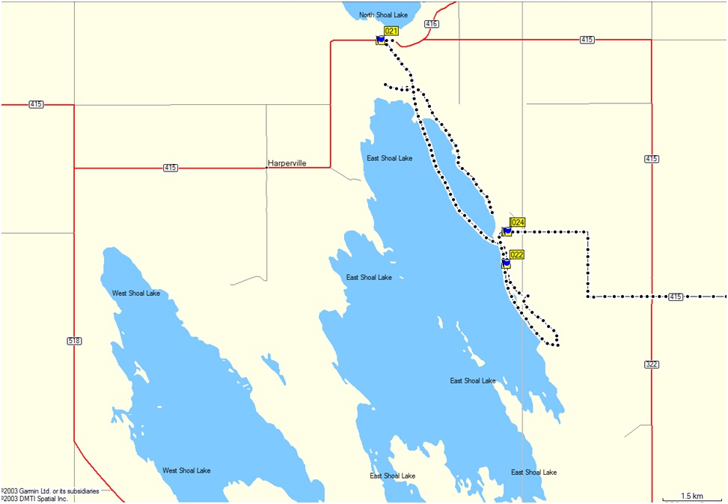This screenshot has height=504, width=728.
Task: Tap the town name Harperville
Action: coord(287,163)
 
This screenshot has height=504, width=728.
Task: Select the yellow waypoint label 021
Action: coord(391,31)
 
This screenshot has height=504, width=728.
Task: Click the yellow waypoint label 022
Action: coord(516,255)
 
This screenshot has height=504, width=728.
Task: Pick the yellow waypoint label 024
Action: coord(518,222)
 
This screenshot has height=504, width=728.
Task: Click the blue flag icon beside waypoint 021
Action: coord(381,39)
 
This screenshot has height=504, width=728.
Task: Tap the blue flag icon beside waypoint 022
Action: coord(506,264)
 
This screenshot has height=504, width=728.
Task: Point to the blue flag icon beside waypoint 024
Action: coord(507,231)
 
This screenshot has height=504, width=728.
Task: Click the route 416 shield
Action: coord(431,24)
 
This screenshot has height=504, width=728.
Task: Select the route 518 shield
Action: coord(73,341)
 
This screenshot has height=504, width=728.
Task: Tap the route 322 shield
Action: coord(651,365)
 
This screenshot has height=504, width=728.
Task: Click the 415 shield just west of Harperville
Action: coord(171,168)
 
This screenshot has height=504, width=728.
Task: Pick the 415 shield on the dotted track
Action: coord(676,297)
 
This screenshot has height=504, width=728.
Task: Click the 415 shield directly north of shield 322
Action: coord(651,159)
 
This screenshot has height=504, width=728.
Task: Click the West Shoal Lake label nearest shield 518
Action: coord(135,293)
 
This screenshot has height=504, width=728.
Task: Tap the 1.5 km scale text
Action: coord(691,496)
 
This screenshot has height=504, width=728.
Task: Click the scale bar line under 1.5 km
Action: coord(691,501)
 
